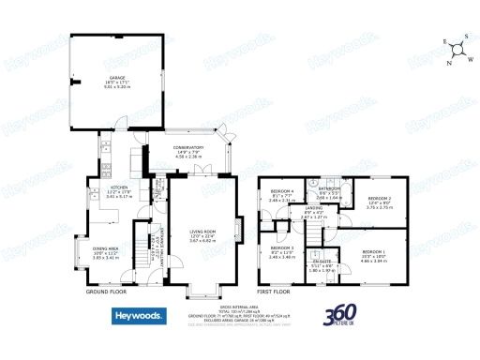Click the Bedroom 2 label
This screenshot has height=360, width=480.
379,201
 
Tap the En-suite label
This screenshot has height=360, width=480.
321,265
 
